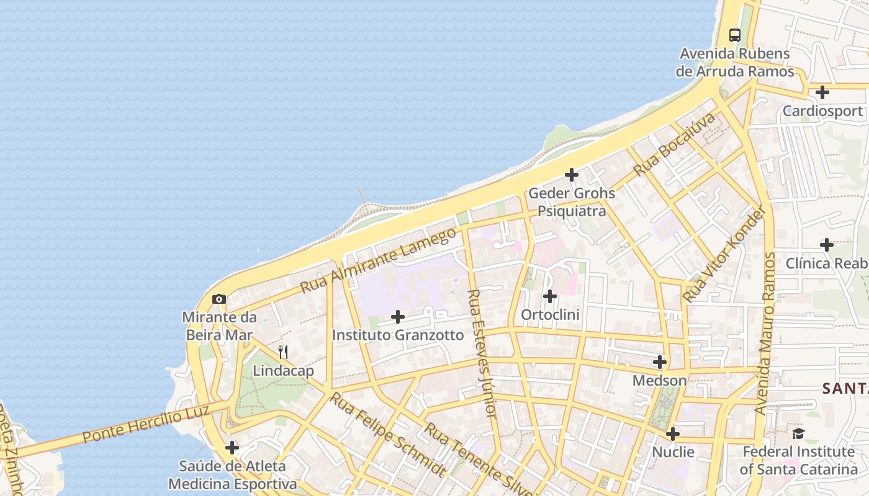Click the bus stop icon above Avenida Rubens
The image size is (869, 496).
(x=735, y=35)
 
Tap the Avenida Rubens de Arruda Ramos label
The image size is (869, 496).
(x=735, y=63)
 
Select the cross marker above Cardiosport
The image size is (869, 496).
(x=822, y=93)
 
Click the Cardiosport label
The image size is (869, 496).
(x=822, y=111)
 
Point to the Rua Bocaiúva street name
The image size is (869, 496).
(x=674, y=144)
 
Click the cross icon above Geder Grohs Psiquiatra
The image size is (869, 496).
(x=572, y=175)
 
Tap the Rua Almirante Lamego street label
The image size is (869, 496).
(x=378, y=261)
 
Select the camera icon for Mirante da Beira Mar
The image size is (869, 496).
(x=218, y=299)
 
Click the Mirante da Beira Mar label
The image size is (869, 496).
(x=219, y=326)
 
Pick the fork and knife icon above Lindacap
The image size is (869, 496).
(x=283, y=352)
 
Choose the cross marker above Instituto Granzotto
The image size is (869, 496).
(x=398, y=317)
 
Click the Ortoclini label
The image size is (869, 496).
(x=550, y=315)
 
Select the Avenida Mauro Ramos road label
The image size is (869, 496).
(x=765, y=334)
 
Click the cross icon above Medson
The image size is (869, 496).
(x=660, y=362)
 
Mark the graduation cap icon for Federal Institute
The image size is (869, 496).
(x=798, y=433)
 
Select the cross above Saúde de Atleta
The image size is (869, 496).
(x=232, y=448)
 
